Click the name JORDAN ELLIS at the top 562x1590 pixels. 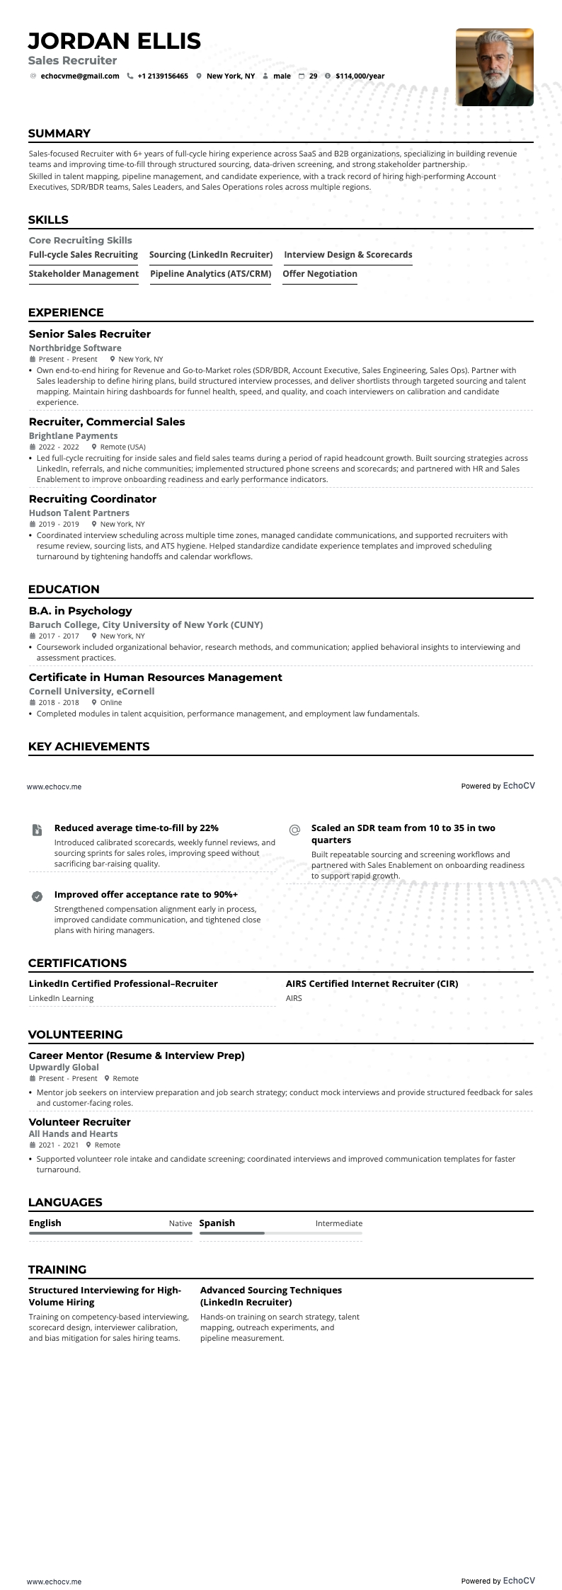pyautogui.click(x=115, y=40)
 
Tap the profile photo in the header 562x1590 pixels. pyautogui.click(x=494, y=67)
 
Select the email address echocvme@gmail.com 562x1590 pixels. pyautogui.click(x=79, y=76)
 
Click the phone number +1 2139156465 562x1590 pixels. pyautogui.click(x=163, y=76)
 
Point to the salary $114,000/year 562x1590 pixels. pyautogui.click(x=360, y=76)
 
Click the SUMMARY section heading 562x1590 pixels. pyautogui.click(x=59, y=133)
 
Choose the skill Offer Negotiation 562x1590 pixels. pyautogui.click(x=320, y=273)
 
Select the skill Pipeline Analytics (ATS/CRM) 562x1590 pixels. pyautogui.click(x=211, y=273)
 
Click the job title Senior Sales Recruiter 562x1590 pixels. pyautogui.click(x=90, y=333)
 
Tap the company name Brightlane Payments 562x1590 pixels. pyautogui.click(x=74, y=435)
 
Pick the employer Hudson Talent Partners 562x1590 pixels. pyautogui.click(x=79, y=513)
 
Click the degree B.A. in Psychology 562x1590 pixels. pyautogui.click(x=81, y=610)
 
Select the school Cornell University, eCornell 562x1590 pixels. pyautogui.click(x=91, y=691)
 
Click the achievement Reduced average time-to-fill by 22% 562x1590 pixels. pyautogui.click(x=137, y=828)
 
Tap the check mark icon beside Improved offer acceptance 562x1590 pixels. pyautogui.click(x=38, y=896)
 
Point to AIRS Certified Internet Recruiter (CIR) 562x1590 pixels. pyautogui.click(x=372, y=983)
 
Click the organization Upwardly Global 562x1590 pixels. pyautogui.click(x=64, y=1067)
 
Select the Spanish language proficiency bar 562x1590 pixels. pyautogui.click(x=280, y=1232)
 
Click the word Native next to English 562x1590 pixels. pyautogui.click(x=180, y=1223)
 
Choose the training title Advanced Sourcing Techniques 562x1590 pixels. pyautogui.click(x=271, y=1290)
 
